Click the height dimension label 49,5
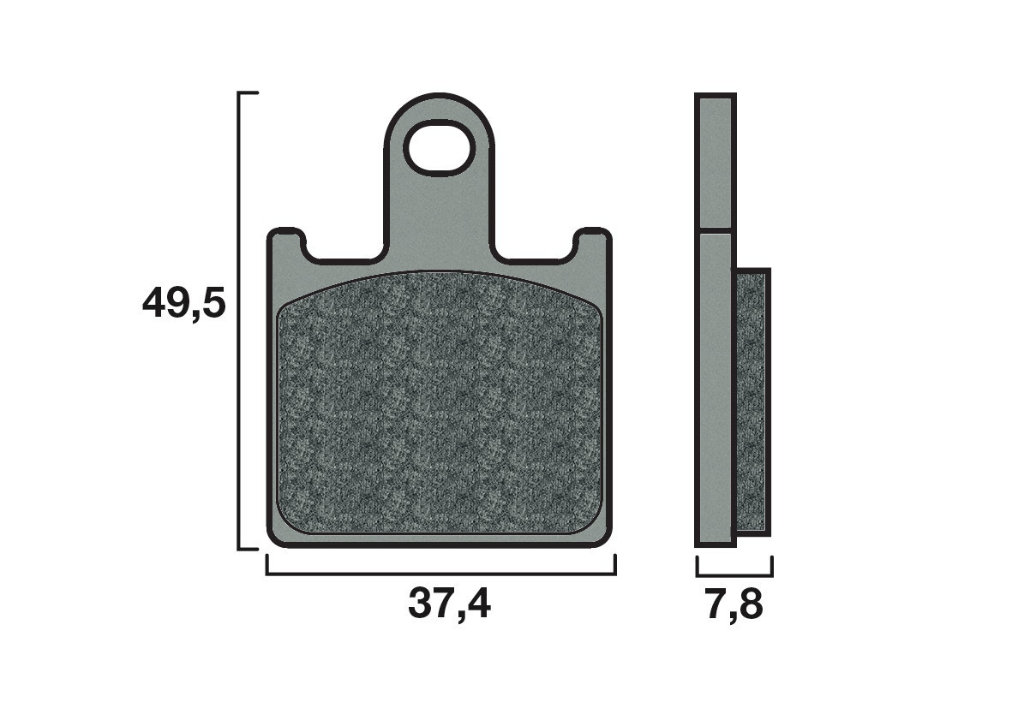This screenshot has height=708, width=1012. (x=183, y=304)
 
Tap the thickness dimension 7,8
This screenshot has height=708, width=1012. (x=734, y=605)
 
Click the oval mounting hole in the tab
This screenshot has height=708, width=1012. (x=440, y=148)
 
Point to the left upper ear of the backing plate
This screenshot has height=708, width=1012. (x=286, y=240)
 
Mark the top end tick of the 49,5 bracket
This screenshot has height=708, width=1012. (x=248, y=92)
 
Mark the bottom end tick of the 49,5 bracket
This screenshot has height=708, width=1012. (x=248, y=549)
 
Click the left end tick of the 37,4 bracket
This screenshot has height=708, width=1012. (x=267, y=565)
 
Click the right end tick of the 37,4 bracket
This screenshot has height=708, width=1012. (x=614, y=565)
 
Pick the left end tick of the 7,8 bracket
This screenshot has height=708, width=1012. (x=698, y=565)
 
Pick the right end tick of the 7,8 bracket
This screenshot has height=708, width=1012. (x=772, y=565)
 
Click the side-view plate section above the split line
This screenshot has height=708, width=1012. (x=715, y=163)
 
